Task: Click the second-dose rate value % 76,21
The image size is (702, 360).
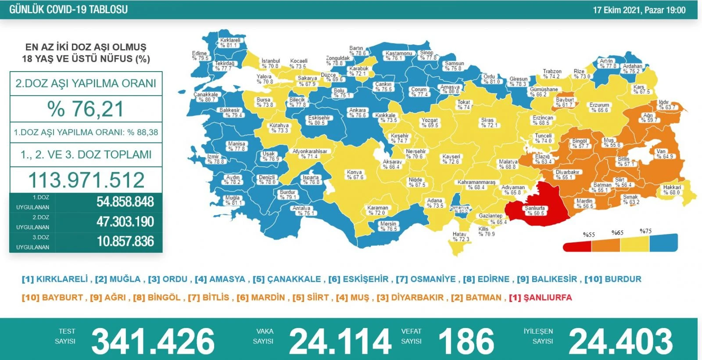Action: click(86, 109)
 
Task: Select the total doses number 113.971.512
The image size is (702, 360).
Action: click(86, 180)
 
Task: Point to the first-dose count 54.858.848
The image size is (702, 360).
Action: click(125, 202)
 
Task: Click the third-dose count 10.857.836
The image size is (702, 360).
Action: click(125, 241)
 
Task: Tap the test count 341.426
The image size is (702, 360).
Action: click(153, 341)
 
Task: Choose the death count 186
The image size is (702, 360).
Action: click(466, 341)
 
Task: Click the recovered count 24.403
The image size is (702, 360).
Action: click(620, 341)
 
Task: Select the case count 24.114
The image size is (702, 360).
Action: click(340, 341)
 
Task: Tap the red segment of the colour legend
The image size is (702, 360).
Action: click(577, 246)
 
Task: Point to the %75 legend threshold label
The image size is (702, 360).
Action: click(645, 231)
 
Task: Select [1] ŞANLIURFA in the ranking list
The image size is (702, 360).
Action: click(541, 298)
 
